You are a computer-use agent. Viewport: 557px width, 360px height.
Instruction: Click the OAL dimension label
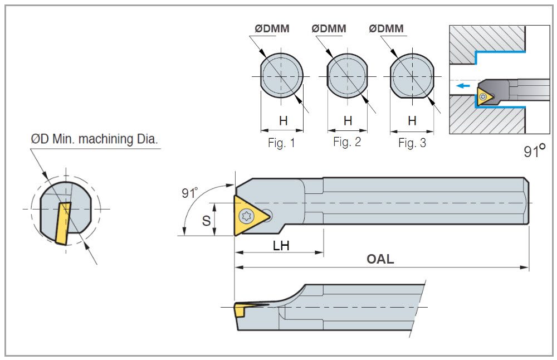pos(380,259)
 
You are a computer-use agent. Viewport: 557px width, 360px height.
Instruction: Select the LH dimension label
pos(281,245)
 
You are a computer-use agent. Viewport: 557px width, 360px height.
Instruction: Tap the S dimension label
pos(206,221)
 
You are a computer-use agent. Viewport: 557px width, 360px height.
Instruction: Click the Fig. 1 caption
pos(281,143)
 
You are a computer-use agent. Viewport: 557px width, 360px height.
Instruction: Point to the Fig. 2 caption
pos(347,142)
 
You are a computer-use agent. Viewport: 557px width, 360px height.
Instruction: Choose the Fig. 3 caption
pos(412,143)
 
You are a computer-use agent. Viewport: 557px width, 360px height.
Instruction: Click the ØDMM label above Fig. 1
pos(272,28)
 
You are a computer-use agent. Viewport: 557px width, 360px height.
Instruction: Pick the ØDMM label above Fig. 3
pos(387,28)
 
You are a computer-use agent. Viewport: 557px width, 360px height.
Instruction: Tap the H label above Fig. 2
pos(348,120)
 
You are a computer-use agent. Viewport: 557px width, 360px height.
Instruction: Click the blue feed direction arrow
pos(462,86)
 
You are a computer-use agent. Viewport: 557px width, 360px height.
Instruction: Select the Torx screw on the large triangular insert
pos(245,216)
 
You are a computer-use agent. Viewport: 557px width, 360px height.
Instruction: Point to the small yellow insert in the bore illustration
pos(483,96)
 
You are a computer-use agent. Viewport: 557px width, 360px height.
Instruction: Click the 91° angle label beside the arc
pos(189,193)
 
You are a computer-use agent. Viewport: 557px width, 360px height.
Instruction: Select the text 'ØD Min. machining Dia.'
pos(95,139)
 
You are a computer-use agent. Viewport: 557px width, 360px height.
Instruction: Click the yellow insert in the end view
pos(63,223)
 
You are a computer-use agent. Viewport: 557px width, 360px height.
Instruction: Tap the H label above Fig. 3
pos(412,120)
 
